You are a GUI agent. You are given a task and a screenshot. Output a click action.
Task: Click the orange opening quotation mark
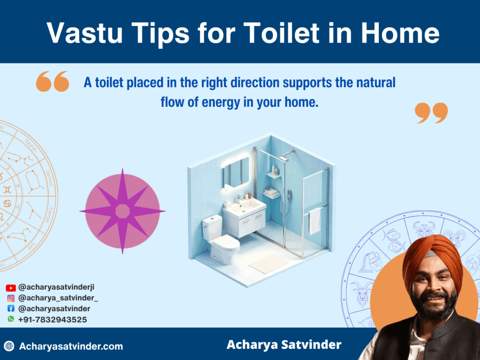pos(52,81)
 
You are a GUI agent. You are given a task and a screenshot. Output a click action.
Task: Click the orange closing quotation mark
pos(431,113)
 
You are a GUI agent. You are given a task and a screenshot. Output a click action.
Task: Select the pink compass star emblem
pos(122,211)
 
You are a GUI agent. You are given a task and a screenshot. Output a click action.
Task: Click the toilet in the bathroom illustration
pos(219,239)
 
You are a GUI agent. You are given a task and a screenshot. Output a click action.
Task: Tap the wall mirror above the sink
pos(236,172)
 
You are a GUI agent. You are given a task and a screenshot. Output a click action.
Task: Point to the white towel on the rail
pos(315,220)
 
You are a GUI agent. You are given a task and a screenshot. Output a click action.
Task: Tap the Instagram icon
pos(11,298)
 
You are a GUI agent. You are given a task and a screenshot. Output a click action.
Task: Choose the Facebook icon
pos(11,309)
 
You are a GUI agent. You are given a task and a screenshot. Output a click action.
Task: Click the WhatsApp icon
pos(11,319)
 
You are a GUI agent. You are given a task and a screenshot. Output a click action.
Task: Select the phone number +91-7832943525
pos(52,320)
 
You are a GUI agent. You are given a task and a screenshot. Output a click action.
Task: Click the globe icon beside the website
pos(9,346)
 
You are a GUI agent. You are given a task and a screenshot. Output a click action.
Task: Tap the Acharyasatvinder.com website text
pos(71,347)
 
